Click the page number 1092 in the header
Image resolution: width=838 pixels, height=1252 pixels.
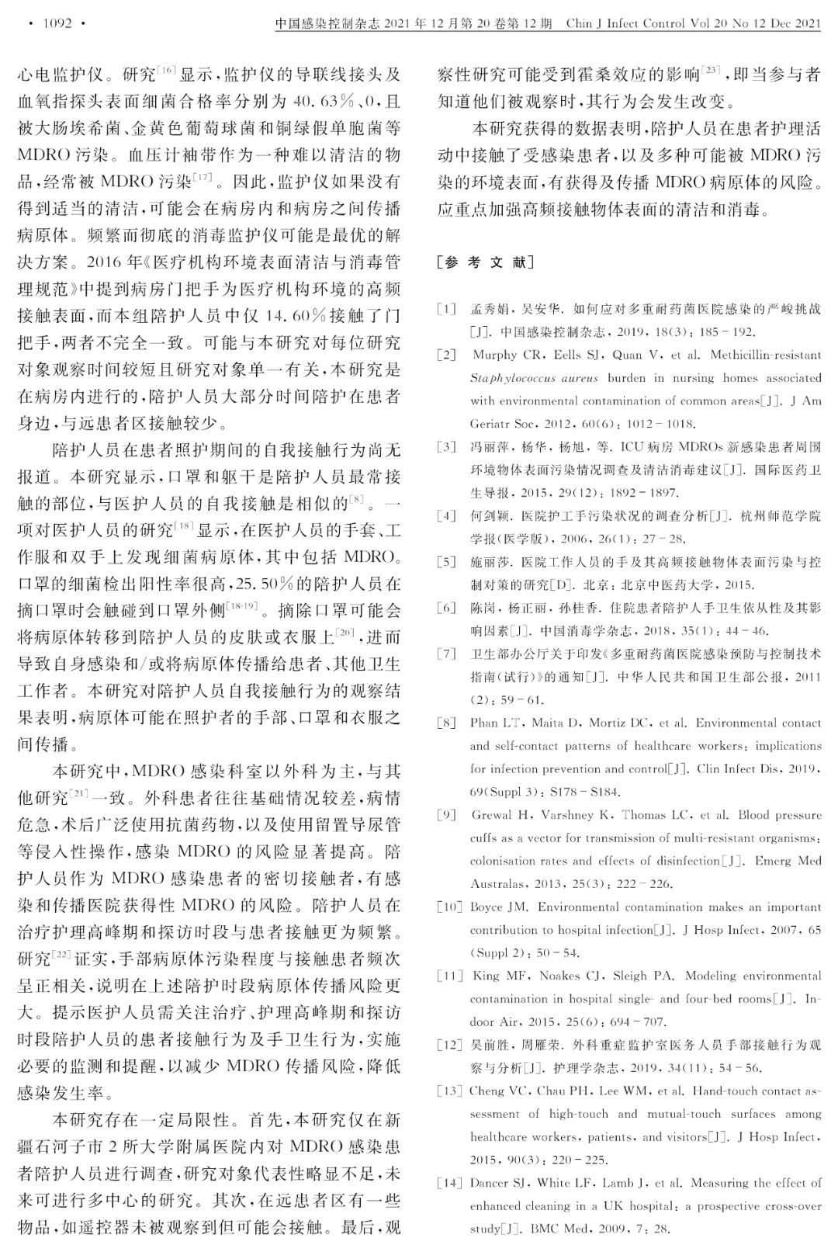click(57, 23)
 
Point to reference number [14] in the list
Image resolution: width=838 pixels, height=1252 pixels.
click(449, 1183)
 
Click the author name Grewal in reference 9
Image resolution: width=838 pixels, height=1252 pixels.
click(493, 815)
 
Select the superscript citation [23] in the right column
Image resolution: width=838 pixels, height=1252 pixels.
click(711, 71)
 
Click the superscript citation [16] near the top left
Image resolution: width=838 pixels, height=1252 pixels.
click(167, 71)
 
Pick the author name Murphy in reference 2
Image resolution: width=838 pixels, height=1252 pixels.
click(495, 355)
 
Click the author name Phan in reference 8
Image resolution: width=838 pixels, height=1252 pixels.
click(484, 723)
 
